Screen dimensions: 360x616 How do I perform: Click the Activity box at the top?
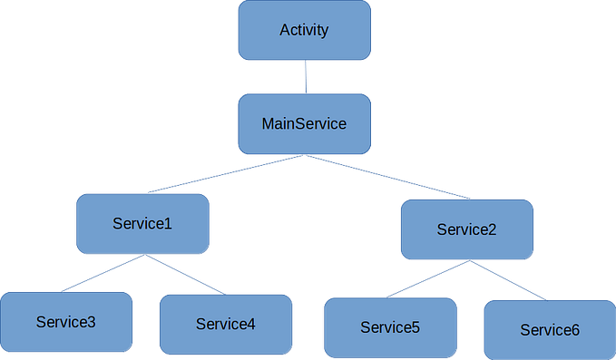click(x=304, y=31)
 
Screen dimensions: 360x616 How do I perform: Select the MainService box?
click(x=304, y=123)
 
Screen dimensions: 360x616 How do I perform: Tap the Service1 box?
click(x=142, y=223)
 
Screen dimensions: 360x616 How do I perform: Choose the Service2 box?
click(x=466, y=229)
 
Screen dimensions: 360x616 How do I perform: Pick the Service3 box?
click(x=66, y=322)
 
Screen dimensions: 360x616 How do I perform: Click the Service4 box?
click(x=226, y=324)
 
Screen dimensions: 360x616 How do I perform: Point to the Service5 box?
click(x=390, y=327)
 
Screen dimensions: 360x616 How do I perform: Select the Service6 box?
click(x=549, y=330)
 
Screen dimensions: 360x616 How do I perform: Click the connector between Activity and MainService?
click(x=305, y=77)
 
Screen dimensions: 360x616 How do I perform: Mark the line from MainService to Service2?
click(x=387, y=176)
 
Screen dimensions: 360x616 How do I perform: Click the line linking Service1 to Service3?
click(x=104, y=273)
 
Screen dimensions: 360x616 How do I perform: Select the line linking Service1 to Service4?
click(x=184, y=274)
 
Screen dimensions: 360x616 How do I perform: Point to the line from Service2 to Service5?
click(x=428, y=279)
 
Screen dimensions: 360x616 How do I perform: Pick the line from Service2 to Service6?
click(x=508, y=280)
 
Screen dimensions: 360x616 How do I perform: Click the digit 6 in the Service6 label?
click(x=575, y=331)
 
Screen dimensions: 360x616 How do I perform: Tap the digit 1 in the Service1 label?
click(x=168, y=223)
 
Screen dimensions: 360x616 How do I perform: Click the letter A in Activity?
click(x=284, y=31)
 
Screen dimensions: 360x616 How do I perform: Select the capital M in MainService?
click(x=268, y=123)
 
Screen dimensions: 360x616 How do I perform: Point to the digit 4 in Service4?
click(x=252, y=324)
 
